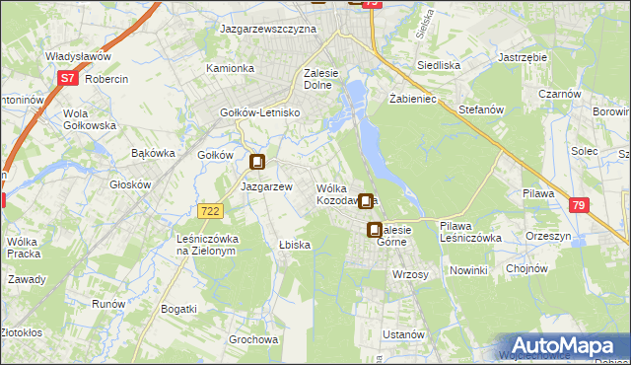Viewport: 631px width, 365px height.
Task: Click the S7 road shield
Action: pyautogui.click(x=67, y=77)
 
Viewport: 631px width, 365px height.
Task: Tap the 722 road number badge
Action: pyautogui.click(x=209, y=211)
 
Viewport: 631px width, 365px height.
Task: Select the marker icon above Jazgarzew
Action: pyautogui.click(x=258, y=164)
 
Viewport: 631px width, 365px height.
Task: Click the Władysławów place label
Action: pyautogui.click(x=76, y=57)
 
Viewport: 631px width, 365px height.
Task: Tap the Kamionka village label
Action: pyautogui.click(x=230, y=69)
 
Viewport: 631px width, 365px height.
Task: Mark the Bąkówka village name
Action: pyautogui.click(x=153, y=153)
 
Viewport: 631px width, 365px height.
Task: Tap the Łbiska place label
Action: pyautogui.click(x=295, y=245)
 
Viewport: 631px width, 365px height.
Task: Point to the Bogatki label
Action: pyautogui.click(x=178, y=309)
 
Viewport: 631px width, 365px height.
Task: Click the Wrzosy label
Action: pyautogui.click(x=410, y=274)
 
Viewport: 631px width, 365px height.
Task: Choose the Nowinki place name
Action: pyautogui.click(x=468, y=270)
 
